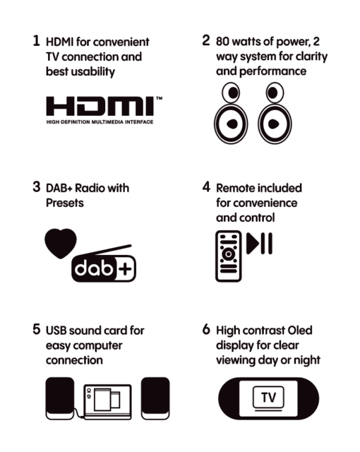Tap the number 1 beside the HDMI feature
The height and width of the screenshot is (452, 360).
point(36,41)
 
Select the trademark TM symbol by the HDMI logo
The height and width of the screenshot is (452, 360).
point(159,98)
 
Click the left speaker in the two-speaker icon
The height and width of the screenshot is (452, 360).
point(231,113)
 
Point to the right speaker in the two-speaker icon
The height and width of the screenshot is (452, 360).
point(275,113)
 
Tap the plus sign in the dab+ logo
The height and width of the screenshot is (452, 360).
point(125,269)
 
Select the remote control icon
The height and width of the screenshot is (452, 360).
point(229,256)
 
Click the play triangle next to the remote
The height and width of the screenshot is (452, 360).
point(252,244)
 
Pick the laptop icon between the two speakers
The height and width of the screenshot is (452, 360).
point(108,402)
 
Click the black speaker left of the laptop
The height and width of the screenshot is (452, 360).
point(60,398)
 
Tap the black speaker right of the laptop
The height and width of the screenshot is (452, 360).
point(155,398)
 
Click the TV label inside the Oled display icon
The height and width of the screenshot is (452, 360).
point(268,398)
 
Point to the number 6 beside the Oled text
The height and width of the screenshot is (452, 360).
point(206,329)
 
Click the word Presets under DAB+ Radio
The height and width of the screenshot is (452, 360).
point(65,203)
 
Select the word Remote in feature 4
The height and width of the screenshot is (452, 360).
point(236,188)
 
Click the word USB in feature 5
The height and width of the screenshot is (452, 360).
point(56,331)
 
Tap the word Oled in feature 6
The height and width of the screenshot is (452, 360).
point(300,331)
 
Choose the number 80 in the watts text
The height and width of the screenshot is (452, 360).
point(222,42)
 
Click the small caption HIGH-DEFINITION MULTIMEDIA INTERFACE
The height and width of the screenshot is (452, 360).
point(100,122)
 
